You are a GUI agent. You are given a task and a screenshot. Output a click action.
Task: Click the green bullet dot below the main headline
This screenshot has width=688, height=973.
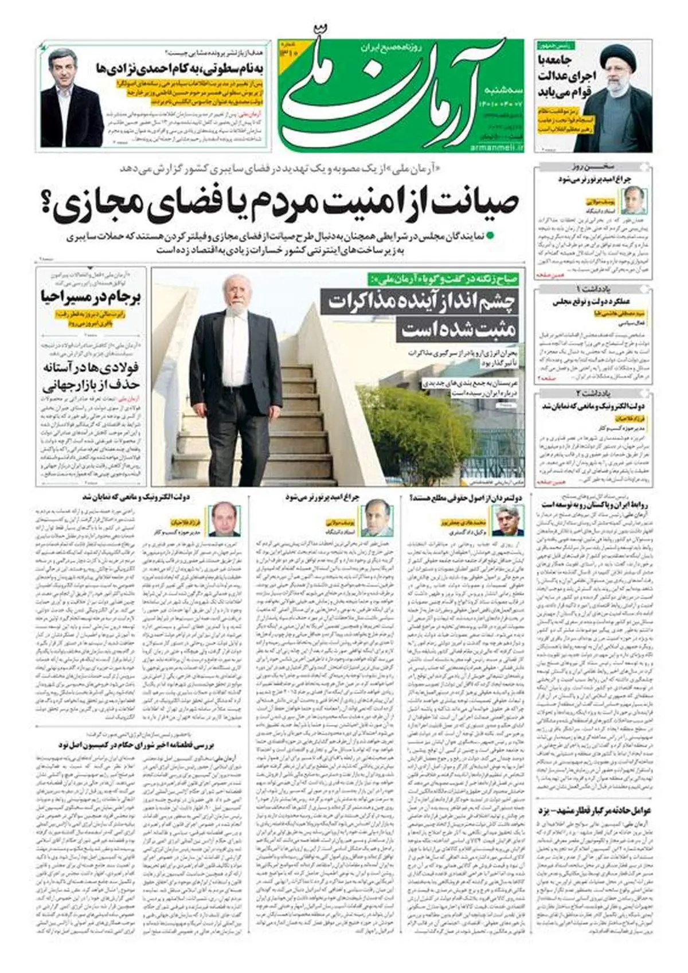click(x=491, y=235)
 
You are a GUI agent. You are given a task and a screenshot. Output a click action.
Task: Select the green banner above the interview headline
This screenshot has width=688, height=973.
click(x=444, y=279)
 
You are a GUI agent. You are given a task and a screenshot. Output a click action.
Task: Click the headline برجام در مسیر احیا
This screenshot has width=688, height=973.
click(x=91, y=297)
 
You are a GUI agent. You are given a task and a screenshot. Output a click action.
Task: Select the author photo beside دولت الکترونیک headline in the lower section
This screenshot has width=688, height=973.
click(x=221, y=519)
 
